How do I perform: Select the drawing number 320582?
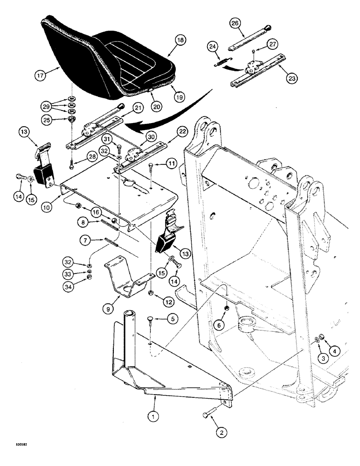tap(14, 457)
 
